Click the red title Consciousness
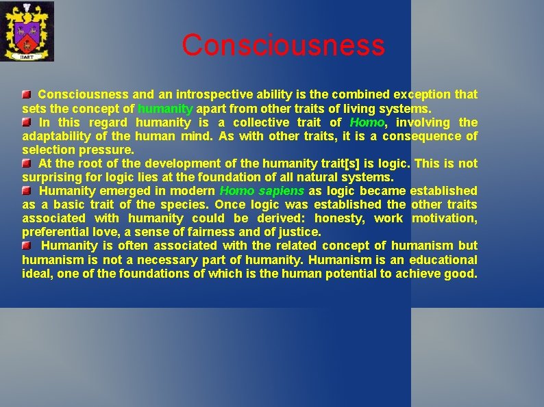[283, 45]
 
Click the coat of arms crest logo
[27, 31]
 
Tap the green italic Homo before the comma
[367, 122]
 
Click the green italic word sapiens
[282, 191]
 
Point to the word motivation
[445, 218]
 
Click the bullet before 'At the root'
[26, 163]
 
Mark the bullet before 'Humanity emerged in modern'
[26, 191]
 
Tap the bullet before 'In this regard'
[26, 122]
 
